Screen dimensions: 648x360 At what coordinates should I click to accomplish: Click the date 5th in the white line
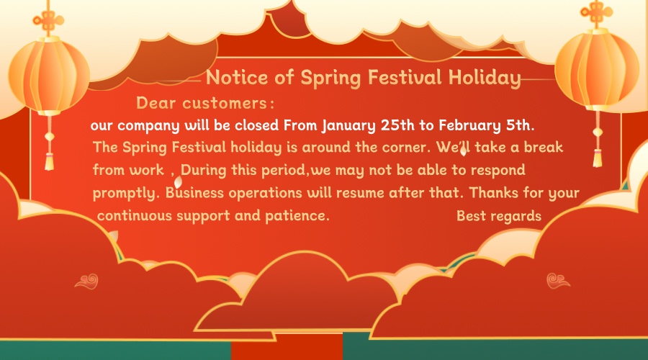pos(520,125)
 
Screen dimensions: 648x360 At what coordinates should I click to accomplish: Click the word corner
pos(406,147)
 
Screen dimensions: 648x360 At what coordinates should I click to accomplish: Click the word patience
pos(297,216)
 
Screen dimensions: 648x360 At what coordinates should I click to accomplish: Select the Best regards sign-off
pos(499,216)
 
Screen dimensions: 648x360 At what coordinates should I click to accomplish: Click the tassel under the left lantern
pos(49,161)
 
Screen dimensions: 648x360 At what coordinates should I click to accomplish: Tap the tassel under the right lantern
pos(598,158)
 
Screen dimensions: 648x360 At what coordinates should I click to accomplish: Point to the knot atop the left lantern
pos(49,19)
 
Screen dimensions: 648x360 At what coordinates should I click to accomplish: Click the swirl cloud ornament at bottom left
pos(87,282)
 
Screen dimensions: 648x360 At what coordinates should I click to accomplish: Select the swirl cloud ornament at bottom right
pos(558,281)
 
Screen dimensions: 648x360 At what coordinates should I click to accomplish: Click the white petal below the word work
pos(178,182)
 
